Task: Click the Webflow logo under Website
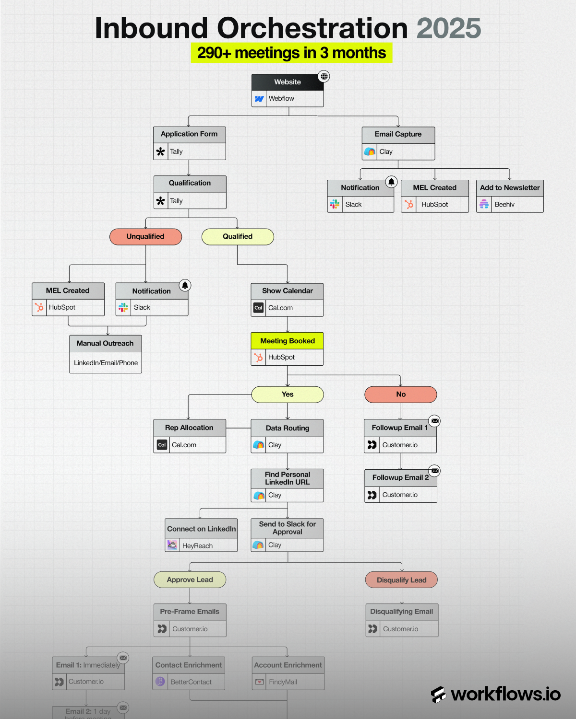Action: click(x=259, y=99)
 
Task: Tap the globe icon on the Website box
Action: click(x=324, y=76)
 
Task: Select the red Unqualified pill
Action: click(x=145, y=236)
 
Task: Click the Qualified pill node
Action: click(x=238, y=236)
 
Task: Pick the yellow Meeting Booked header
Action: click(x=287, y=341)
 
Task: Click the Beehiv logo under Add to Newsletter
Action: click(x=484, y=204)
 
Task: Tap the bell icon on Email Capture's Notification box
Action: click(x=392, y=182)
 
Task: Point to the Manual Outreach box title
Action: click(x=105, y=343)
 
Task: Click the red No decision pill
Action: click(x=401, y=394)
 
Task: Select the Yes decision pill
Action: click(x=288, y=394)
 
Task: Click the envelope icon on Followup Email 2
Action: click(x=434, y=471)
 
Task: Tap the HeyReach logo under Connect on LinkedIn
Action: click(x=172, y=545)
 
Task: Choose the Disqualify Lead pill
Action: click(x=401, y=580)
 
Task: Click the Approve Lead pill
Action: click(x=190, y=580)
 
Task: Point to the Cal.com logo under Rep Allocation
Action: click(x=162, y=445)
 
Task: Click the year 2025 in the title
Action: click(x=448, y=28)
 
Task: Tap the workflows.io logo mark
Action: click(x=438, y=694)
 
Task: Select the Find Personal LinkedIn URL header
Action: click(x=287, y=478)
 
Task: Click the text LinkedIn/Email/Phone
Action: click(x=106, y=363)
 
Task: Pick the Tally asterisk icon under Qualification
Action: click(x=161, y=201)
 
